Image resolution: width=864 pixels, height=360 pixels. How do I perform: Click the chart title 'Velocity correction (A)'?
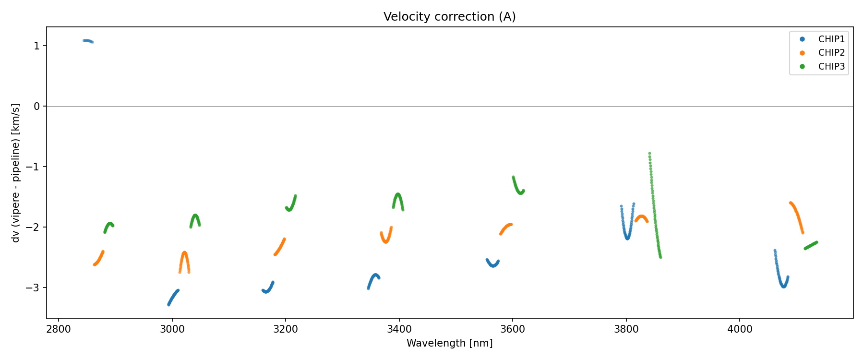[449, 17]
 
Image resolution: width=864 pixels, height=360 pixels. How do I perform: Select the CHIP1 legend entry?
[831, 39]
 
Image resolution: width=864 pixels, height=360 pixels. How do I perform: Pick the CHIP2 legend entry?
[831, 53]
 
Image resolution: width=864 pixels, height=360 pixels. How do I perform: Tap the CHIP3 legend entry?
[831, 67]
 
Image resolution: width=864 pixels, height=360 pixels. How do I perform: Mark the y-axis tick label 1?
[37, 46]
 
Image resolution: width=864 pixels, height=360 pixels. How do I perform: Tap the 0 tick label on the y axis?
[37, 106]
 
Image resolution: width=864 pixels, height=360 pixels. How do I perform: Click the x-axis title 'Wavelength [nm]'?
[449, 343]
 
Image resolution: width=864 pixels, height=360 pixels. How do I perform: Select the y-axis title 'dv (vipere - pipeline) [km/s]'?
[16, 173]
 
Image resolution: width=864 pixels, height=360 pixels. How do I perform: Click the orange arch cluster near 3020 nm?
[184, 259]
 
